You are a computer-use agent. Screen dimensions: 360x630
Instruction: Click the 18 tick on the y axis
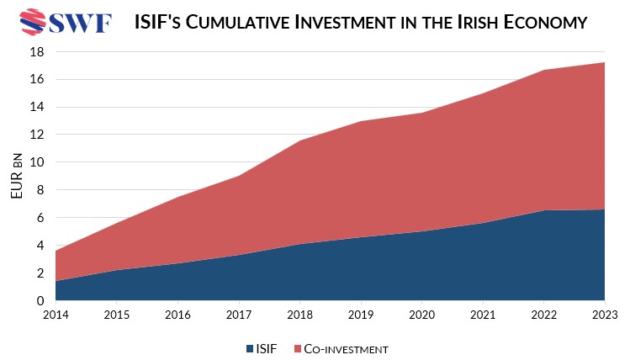click(36, 52)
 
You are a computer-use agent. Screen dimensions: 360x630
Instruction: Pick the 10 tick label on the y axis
click(36, 162)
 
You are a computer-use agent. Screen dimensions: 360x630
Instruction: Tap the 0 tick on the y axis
click(40, 300)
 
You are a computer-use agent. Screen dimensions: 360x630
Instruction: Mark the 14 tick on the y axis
click(36, 107)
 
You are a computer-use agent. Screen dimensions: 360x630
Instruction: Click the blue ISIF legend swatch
click(251, 347)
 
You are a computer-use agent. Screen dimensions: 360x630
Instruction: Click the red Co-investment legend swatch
click(298, 347)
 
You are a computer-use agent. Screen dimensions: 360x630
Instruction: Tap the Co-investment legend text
click(347, 347)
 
